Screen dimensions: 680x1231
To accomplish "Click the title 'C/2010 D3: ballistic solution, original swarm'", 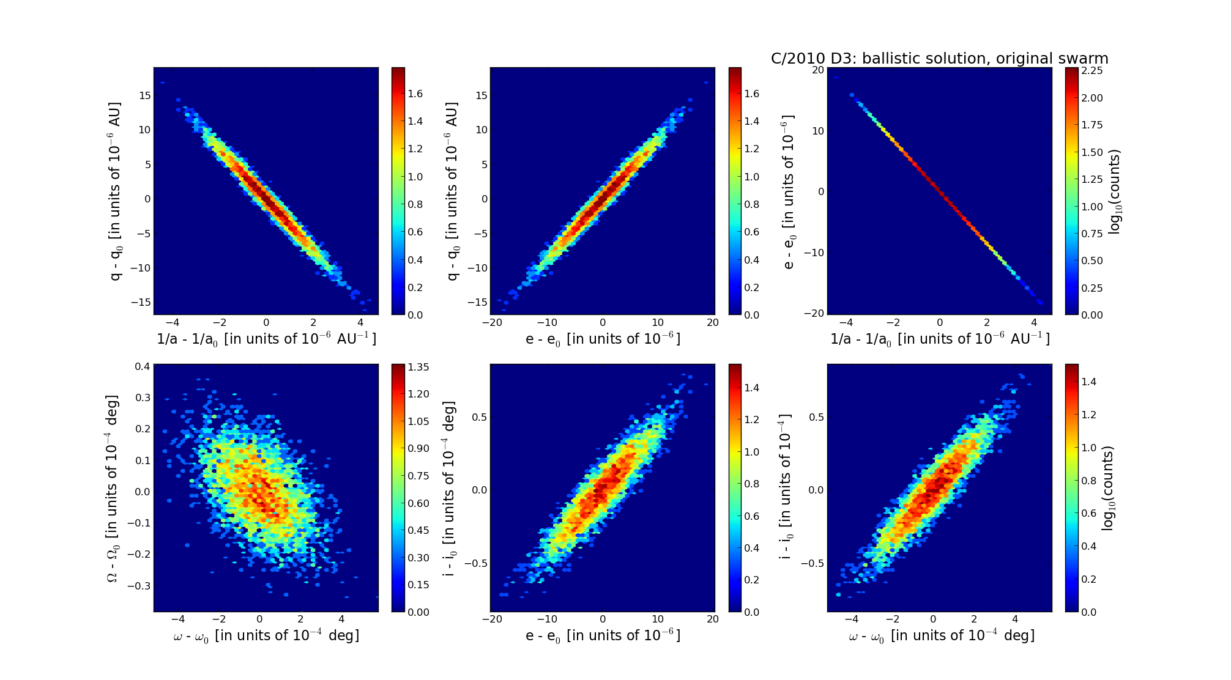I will [x=939, y=59].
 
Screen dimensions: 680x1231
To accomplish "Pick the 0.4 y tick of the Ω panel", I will [x=143, y=367].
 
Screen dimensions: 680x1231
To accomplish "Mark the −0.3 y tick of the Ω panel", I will [x=139, y=586].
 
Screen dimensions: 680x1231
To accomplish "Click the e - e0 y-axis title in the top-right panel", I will [x=788, y=191].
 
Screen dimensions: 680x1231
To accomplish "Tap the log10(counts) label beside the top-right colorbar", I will [x=1115, y=191].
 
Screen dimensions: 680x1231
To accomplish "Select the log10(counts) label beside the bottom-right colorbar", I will [x=1107, y=488].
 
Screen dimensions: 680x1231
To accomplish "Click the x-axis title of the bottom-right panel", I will [x=941, y=636].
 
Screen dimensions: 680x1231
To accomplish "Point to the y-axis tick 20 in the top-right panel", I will [x=817, y=70].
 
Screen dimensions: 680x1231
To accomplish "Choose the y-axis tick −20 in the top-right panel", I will [x=814, y=313].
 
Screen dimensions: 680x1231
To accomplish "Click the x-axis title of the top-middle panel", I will [x=603, y=339].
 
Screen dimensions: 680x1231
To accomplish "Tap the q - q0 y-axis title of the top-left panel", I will [x=114, y=191].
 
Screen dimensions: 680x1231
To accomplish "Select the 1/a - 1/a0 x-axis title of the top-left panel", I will [x=266, y=339].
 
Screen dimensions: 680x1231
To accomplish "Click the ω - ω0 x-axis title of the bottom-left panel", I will [x=266, y=636].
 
